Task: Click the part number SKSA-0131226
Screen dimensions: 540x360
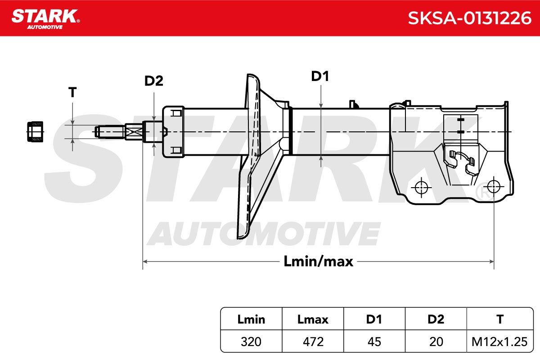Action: pyautogui.click(x=469, y=18)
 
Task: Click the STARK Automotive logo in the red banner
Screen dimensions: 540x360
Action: pyautogui.click(x=45, y=19)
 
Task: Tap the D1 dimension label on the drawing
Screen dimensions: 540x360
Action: pyautogui.click(x=320, y=76)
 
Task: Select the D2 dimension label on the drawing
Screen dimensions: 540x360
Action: pyautogui.click(x=153, y=81)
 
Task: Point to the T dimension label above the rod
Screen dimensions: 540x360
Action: pyautogui.click(x=72, y=92)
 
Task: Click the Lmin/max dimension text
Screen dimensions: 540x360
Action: pyautogui.click(x=318, y=261)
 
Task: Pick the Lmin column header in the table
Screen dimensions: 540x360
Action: pyautogui.click(x=251, y=319)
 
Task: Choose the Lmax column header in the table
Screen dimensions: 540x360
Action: pyautogui.click(x=313, y=319)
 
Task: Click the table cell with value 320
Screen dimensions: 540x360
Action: pyautogui.click(x=251, y=342)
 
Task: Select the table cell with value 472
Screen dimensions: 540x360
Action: pyautogui.click(x=313, y=342)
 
